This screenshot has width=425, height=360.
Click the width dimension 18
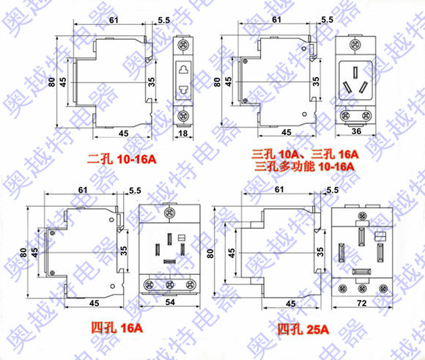point(183,133)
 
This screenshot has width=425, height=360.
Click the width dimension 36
point(356,131)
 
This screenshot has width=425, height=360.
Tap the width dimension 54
point(170,302)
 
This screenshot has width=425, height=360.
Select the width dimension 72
point(362,303)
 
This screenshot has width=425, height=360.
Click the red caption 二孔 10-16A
point(122,159)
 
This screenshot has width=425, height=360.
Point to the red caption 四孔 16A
point(117,328)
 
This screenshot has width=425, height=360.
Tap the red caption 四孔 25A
point(303,330)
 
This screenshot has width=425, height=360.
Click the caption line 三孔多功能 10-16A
point(304,166)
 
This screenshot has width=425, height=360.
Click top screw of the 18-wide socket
point(183,44)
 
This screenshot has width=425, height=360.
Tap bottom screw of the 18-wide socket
point(183,116)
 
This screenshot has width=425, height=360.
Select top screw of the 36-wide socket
point(355,45)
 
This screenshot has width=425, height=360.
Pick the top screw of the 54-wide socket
point(170,213)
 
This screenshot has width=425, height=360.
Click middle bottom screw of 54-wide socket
point(170,284)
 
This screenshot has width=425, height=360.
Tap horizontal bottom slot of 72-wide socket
point(361,271)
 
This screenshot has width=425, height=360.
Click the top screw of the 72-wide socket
point(362,216)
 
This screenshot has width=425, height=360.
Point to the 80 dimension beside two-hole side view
point(52,81)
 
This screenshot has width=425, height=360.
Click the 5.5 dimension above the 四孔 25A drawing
point(333,190)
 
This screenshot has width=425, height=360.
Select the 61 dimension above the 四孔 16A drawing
point(83,190)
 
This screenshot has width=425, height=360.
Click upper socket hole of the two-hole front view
point(183,70)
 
